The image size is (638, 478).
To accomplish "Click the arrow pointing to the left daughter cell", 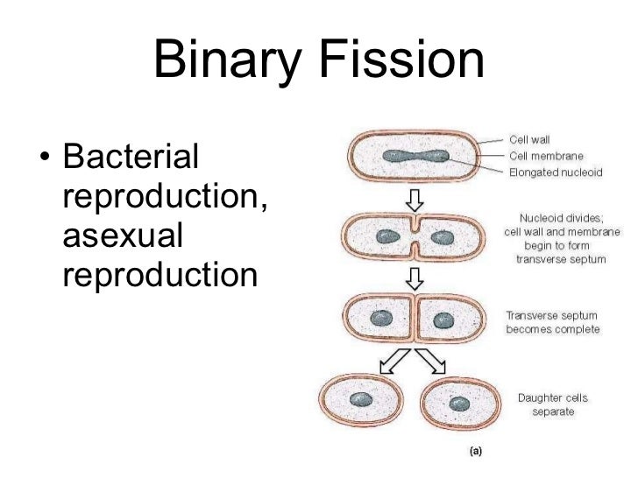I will click(x=391, y=358).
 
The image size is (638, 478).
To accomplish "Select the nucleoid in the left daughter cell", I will click(x=359, y=398).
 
